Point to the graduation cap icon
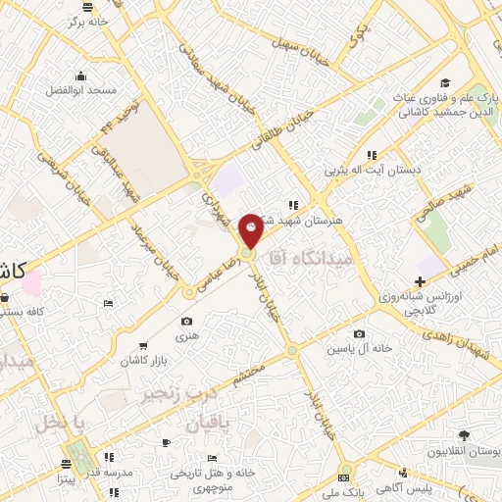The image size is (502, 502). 446,81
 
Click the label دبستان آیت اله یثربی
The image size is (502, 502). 375,171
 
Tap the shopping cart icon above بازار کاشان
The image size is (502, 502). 144,346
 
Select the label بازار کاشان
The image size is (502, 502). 143,361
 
